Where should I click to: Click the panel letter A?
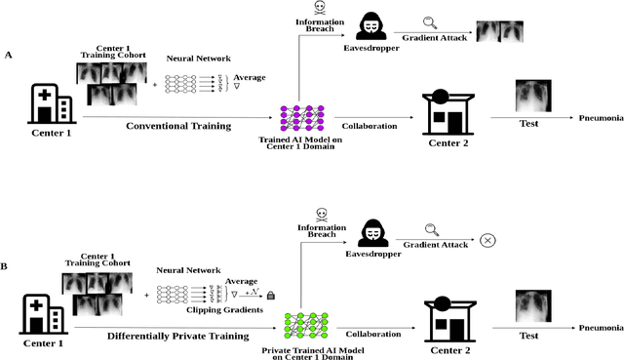[9, 56]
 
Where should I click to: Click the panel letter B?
[8, 263]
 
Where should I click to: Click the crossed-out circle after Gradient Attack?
[485, 240]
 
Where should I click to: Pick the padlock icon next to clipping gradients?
[270, 294]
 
